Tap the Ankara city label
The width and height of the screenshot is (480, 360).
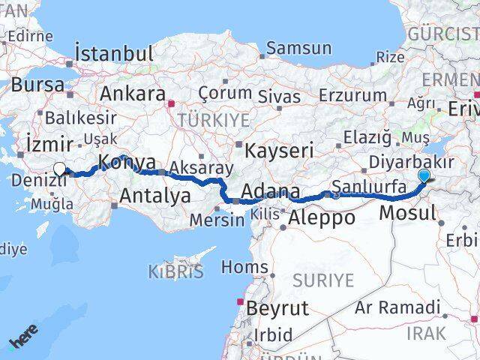point(132,94)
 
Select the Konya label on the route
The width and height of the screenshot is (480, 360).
point(127,162)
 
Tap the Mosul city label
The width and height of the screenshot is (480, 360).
point(407,213)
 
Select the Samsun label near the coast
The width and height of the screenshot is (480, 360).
point(298,49)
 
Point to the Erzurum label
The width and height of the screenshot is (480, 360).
point(352,95)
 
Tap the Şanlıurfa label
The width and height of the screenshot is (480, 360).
point(369,185)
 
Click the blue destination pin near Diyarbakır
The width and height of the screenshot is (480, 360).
point(424,176)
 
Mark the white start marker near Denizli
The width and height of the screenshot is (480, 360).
point(59,169)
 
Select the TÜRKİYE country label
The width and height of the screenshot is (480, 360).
point(202,120)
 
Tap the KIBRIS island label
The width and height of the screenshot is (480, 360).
point(176,271)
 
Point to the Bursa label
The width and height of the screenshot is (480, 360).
point(37,85)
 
